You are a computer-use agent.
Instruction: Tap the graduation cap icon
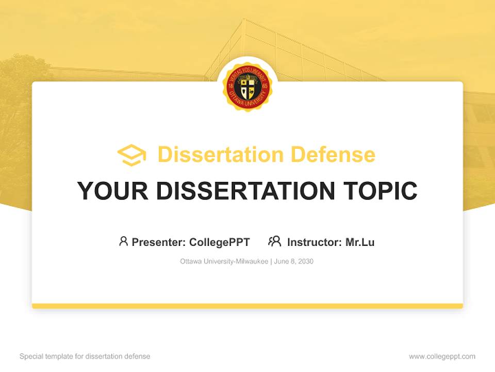[x=131, y=155]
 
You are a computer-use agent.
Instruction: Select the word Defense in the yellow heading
[x=333, y=154]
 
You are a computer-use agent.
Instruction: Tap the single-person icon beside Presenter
[x=123, y=241]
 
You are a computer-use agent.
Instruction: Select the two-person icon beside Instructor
[x=275, y=241]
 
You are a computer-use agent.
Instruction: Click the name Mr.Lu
[x=360, y=242]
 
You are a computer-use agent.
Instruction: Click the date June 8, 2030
[x=294, y=261]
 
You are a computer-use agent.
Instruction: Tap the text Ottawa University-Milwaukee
[x=224, y=261]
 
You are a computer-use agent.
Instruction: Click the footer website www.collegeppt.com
[x=442, y=357]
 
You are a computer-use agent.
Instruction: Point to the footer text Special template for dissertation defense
[x=85, y=357]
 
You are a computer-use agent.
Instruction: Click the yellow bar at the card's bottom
[x=247, y=306]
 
